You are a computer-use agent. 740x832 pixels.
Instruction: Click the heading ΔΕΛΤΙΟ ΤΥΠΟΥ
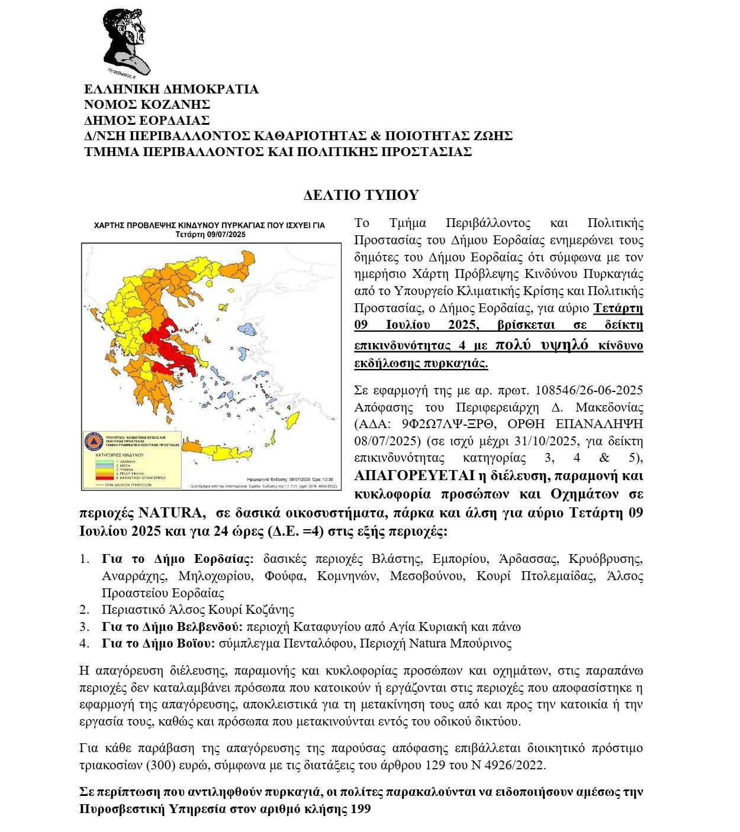coord(361,195)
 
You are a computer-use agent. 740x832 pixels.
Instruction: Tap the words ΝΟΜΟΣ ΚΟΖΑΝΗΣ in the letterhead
coord(147,105)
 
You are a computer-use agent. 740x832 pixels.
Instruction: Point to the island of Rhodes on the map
coord(291,422)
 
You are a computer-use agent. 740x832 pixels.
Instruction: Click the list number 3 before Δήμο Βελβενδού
coord(84,626)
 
